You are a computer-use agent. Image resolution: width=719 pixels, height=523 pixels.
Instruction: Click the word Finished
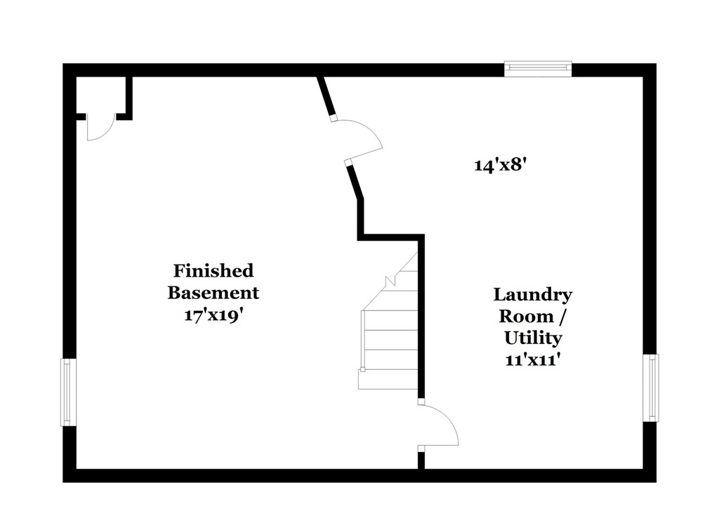click(213, 270)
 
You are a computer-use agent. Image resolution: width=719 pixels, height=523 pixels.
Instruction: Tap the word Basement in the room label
click(213, 293)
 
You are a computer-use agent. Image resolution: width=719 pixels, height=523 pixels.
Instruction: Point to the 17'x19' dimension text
click(213, 315)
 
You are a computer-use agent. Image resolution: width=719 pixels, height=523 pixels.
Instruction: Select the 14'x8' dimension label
click(499, 165)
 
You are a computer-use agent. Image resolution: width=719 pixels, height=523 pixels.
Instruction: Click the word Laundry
click(533, 295)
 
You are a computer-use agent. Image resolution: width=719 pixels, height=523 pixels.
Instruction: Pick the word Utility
click(533, 338)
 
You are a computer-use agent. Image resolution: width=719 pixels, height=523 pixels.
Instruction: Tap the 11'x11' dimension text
click(533, 360)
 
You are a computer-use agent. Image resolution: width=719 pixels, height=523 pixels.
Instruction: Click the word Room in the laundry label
click(526, 317)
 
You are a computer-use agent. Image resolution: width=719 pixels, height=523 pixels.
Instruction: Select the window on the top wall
click(538, 68)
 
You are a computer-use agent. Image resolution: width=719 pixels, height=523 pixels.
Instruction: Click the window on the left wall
click(69, 392)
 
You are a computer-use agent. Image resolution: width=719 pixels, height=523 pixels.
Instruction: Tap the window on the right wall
click(650, 388)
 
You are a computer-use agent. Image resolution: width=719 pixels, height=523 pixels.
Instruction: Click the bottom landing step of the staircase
click(388, 380)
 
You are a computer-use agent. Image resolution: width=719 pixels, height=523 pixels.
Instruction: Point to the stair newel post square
click(362, 369)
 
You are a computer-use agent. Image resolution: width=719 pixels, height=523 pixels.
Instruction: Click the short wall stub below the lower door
click(421, 461)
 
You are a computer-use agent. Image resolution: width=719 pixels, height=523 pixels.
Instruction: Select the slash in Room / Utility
click(562, 317)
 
